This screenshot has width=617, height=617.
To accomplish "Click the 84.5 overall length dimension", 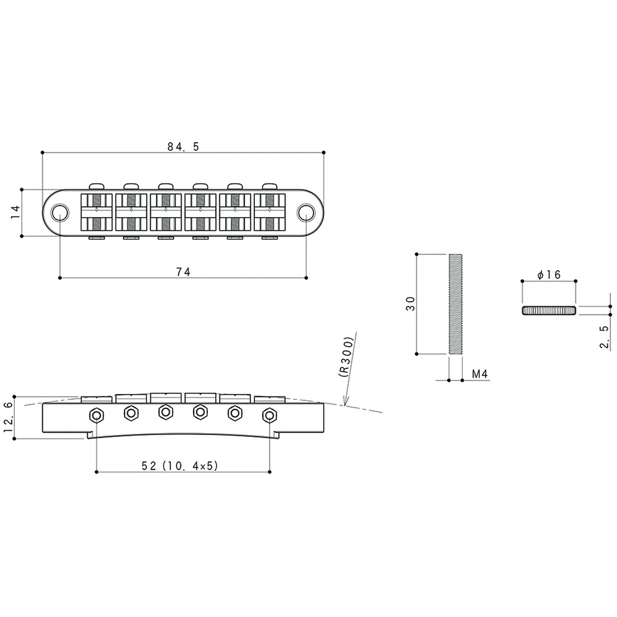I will click(x=183, y=147).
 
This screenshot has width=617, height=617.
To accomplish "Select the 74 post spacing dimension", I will click(x=183, y=273).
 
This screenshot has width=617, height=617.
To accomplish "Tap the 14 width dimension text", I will click(x=15, y=212).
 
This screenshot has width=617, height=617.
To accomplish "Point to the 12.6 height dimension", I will click(x=8, y=417).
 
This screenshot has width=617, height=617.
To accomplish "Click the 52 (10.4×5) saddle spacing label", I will click(x=180, y=466).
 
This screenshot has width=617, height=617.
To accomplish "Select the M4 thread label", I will click(x=479, y=374).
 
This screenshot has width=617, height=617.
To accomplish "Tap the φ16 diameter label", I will click(x=548, y=275).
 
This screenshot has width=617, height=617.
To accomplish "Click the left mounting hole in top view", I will click(x=59, y=213).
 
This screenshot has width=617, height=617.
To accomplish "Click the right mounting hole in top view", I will click(x=306, y=213).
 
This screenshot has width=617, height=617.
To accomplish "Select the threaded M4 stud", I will click(x=455, y=304).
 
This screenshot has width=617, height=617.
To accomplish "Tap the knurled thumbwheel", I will click(x=548, y=310).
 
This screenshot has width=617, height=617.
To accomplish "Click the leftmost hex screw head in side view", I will click(x=97, y=415).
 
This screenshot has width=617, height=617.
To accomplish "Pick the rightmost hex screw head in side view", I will click(x=269, y=415).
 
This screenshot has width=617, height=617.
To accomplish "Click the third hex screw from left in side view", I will click(x=166, y=411).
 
